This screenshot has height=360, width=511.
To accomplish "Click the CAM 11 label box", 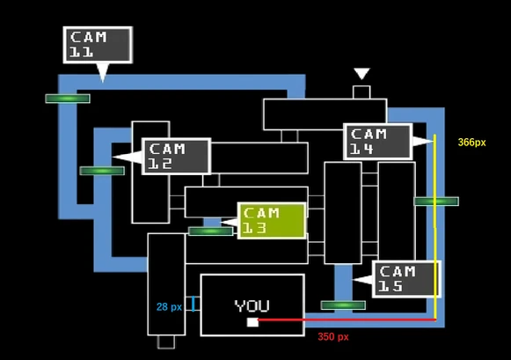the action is (98, 45).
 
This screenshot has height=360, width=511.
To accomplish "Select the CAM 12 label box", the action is (176, 157).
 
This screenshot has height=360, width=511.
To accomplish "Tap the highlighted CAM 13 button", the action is (272, 221).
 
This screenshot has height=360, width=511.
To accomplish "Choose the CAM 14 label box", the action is (378, 142).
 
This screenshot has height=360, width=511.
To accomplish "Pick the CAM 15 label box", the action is (406, 279).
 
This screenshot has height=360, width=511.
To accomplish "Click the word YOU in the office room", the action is (252, 306).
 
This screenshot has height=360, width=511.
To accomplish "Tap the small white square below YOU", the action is (252, 322).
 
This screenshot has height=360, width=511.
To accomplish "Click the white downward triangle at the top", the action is (361, 73).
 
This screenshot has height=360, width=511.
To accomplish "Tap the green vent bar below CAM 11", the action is (68, 99).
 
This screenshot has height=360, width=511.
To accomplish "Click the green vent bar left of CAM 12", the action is (102, 171).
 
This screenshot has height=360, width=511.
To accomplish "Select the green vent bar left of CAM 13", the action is (211, 231).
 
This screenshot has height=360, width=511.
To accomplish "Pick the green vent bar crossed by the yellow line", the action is (436, 202).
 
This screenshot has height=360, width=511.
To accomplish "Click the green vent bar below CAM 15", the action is (343, 305).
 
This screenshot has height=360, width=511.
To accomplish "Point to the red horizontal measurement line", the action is (347, 320).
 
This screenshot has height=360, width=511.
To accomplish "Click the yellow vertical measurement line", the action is (434, 226).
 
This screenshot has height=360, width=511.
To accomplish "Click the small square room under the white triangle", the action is (361, 92).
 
